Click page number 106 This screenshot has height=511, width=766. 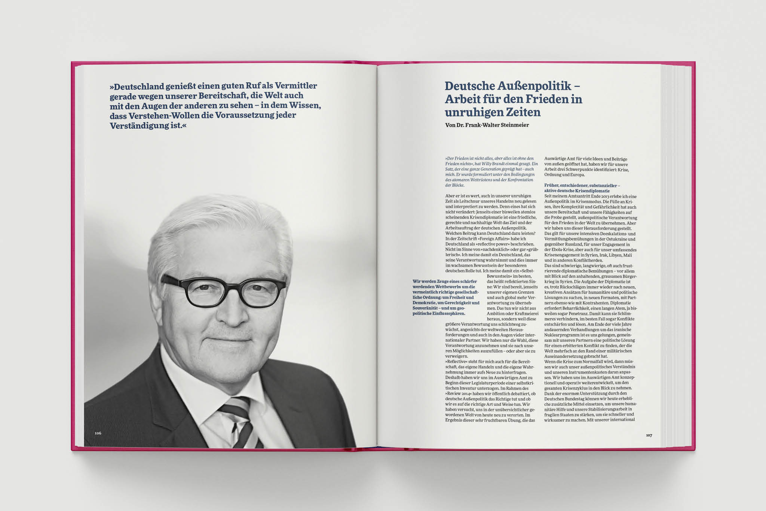point(98,433)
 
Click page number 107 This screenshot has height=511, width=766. point(649,435)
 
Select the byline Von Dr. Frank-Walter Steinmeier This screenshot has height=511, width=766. point(487,125)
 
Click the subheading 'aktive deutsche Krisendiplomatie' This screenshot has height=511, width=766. point(577,191)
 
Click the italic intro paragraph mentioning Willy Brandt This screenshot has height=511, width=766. point(491,172)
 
